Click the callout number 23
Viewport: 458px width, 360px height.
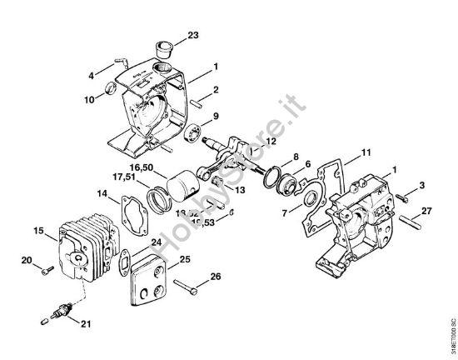click(193, 35)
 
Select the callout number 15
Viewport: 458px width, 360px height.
click(38, 230)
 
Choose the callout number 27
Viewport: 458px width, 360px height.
click(426, 211)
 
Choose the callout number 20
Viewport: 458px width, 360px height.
click(27, 261)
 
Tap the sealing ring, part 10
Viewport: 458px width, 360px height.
click(111, 89)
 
